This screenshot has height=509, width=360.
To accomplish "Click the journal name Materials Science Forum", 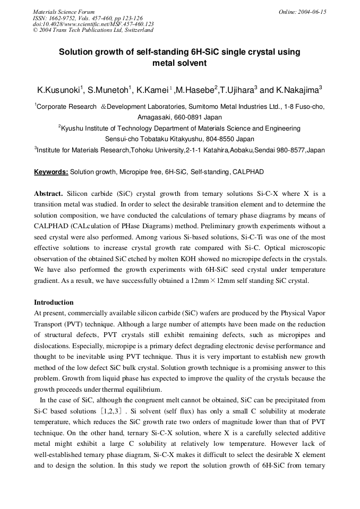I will (64, 11).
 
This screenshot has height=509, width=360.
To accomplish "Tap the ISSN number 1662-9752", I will (64, 18).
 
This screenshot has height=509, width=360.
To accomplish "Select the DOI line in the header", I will (93, 24).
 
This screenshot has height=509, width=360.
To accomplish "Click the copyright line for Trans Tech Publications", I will (93, 30).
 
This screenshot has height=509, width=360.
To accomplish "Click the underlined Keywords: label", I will (51, 172).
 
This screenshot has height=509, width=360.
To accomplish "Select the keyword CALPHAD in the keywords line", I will (250, 172).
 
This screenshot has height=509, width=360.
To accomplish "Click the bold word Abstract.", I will (48, 194).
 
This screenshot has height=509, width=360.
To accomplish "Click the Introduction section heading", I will (54, 303).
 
